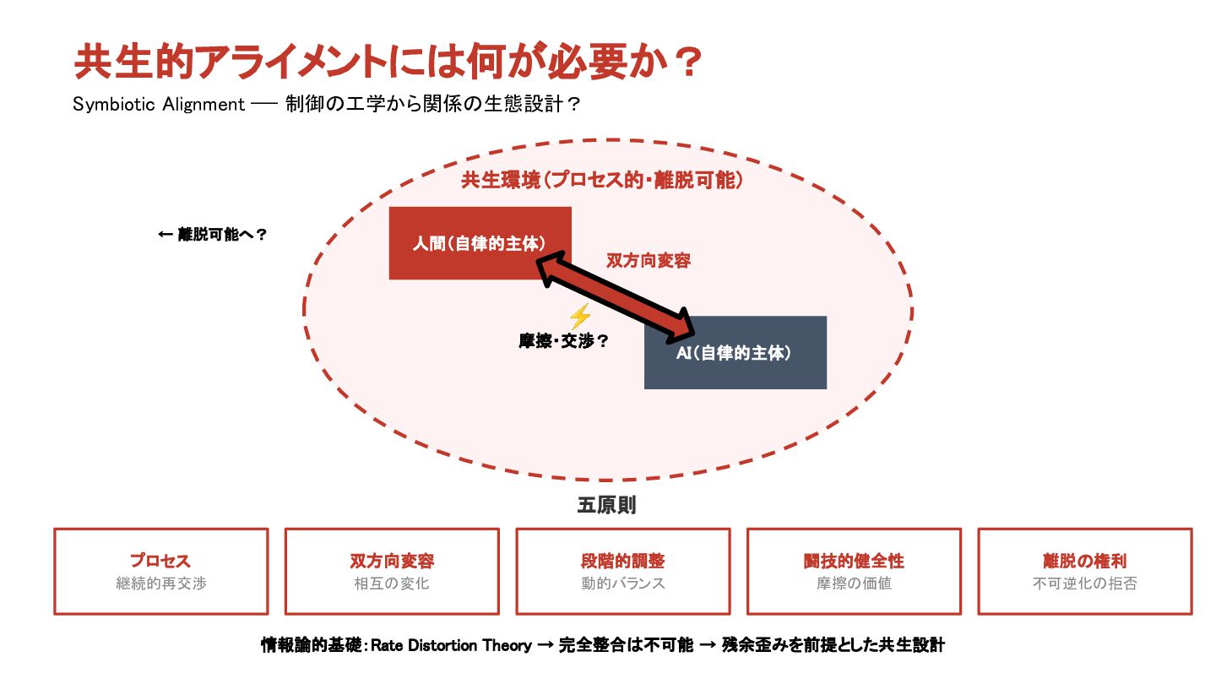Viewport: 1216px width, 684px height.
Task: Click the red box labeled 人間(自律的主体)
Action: click(480, 243)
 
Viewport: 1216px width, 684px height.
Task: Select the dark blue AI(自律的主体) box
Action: click(735, 353)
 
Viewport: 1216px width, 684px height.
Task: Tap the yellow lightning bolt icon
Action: click(579, 317)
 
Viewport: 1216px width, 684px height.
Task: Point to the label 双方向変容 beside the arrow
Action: click(649, 261)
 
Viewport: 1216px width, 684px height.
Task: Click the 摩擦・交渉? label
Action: click(563, 342)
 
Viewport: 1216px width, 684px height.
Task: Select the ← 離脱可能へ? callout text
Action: click(213, 236)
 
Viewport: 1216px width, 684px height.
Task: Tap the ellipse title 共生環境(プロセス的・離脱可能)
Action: click(602, 180)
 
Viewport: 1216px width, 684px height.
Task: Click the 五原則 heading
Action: click(606, 506)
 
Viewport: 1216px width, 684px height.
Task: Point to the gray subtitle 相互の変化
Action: click(392, 584)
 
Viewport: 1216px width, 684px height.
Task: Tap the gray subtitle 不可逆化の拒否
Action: click(1085, 584)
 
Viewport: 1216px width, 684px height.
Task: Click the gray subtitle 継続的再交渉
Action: click(160, 584)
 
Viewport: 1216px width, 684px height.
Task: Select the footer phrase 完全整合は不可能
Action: click(626, 646)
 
